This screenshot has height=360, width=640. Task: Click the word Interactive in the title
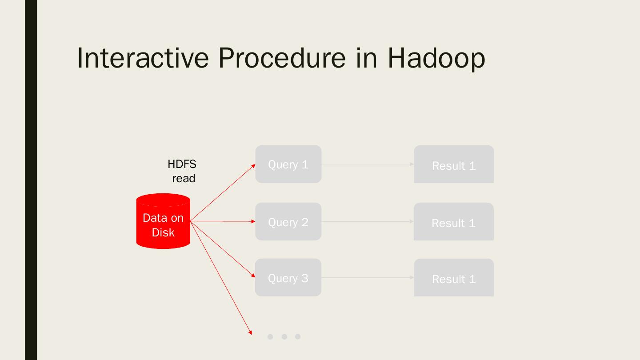pyautogui.click(x=143, y=58)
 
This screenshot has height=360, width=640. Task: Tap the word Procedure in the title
pyautogui.click(x=281, y=58)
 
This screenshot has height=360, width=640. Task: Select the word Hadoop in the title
pyautogui.click(x=436, y=58)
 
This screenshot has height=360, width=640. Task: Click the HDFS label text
pyautogui.click(x=182, y=164)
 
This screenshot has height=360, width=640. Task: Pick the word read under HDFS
pyautogui.click(x=184, y=178)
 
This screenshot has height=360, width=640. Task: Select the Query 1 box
pyautogui.click(x=288, y=164)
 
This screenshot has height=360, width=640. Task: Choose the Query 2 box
pyautogui.click(x=288, y=221)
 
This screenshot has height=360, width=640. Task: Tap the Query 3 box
pyautogui.click(x=288, y=277)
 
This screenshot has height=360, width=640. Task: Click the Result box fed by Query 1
pyautogui.click(x=454, y=164)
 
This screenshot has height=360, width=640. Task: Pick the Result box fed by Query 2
pyautogui.click(x=453, y=222)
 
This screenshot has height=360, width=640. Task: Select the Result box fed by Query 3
pyautogui.click(x=454, y=278)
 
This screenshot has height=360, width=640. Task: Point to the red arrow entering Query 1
pyautogui.click(x=223, y=192)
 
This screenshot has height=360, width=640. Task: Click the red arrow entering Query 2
pyautogui.click(x=223, y=221)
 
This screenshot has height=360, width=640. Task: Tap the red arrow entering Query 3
pyautogui.click(x=223, y=249)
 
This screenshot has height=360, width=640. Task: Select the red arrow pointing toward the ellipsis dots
pyautogui.click(x=221, y=277)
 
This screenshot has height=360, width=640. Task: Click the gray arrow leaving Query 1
pyautogui.click(x=368, y=164)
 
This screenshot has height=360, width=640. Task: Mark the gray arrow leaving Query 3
pyautogui.click(x=368, y=277)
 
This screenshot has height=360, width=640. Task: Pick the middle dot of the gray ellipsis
pyautogui.click(x=284, y=336)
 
